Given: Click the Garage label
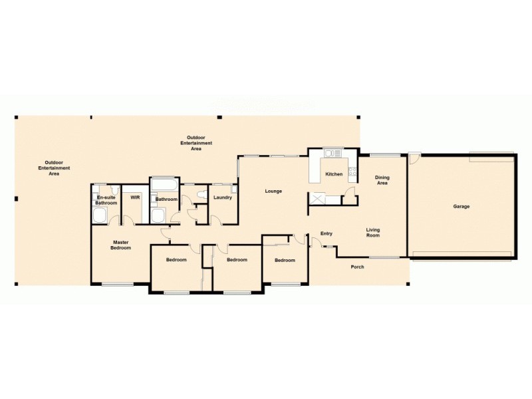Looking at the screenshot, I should pos(462,207).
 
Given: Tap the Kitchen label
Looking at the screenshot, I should pos(334,174).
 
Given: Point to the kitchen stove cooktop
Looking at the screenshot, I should pos(337,154).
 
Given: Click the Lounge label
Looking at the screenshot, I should pos(273,192).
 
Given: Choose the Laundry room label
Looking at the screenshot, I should pos(222,198).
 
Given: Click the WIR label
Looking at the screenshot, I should pos(135,198).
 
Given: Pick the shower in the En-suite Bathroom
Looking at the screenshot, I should pos(100,215).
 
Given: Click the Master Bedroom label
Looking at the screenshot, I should pos(120,245).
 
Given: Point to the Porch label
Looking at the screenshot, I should pos(357,267).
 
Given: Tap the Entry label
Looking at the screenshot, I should pos(326,233).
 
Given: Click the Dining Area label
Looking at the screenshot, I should pos(382,180).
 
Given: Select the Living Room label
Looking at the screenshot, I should pos(373,233).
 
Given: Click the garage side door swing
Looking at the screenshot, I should pos(414,160).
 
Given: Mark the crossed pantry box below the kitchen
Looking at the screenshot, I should pos(321,199).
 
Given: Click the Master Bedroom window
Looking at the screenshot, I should pos(117,285).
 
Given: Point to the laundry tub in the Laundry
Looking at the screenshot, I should pos(233,188).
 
